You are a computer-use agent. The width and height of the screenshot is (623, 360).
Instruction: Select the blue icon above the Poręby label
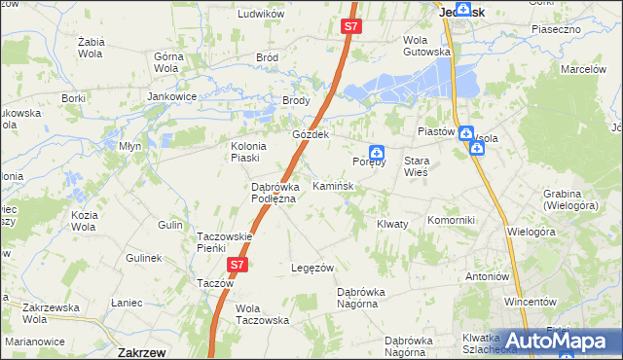(376, 152)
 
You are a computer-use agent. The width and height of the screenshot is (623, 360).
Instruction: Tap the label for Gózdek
(312, 134)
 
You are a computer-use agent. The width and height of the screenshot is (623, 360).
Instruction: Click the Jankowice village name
(172, 97)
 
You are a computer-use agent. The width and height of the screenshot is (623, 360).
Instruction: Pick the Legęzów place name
(313, 268)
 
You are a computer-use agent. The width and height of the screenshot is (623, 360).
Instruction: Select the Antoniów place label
(488, 275)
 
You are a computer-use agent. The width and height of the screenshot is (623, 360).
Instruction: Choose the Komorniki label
(451, 220)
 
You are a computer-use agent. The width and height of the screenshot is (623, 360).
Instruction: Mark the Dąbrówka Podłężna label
(280, 191)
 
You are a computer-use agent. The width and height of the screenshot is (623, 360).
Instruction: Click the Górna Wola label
(170, 63)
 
